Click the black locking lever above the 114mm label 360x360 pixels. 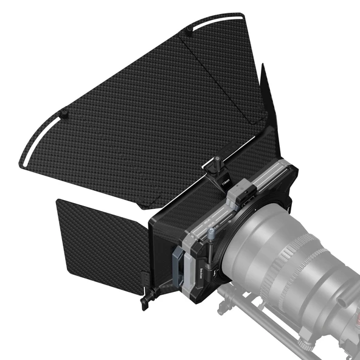[x=215, y=163]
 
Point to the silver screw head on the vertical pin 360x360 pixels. [x=211, y=233]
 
